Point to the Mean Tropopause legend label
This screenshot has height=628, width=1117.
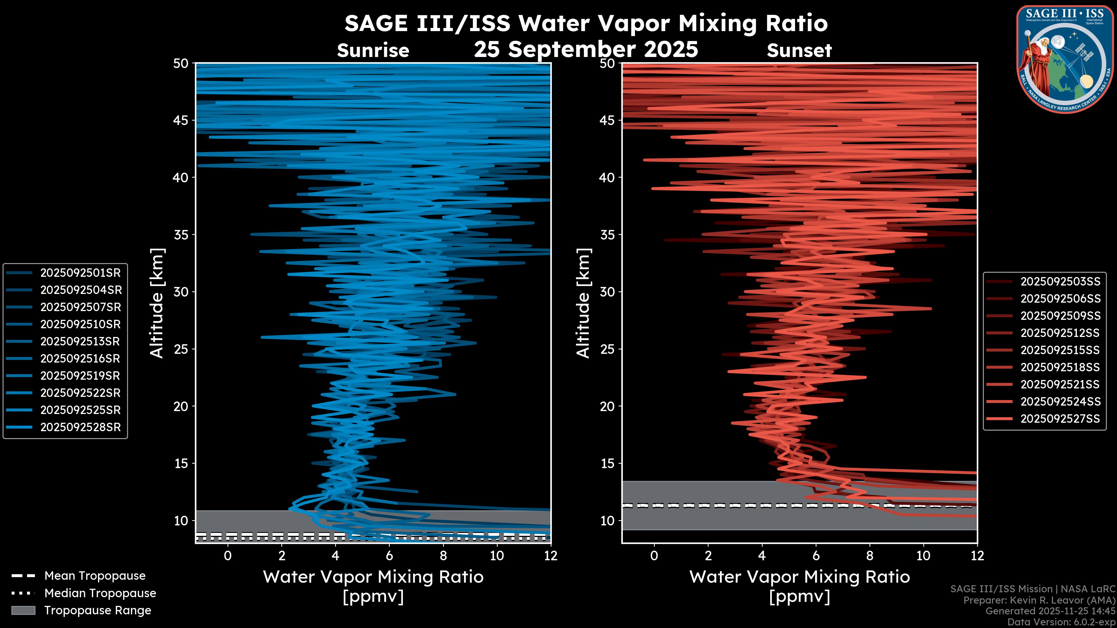95,576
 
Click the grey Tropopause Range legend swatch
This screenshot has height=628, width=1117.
23,610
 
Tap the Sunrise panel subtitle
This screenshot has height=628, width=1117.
373,51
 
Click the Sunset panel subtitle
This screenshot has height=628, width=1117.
799,51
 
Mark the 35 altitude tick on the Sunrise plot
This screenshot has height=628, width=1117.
181,234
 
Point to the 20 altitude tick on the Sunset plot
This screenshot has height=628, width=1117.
607,406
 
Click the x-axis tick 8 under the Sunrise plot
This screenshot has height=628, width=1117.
443,556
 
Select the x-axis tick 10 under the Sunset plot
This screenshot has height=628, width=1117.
923,556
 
